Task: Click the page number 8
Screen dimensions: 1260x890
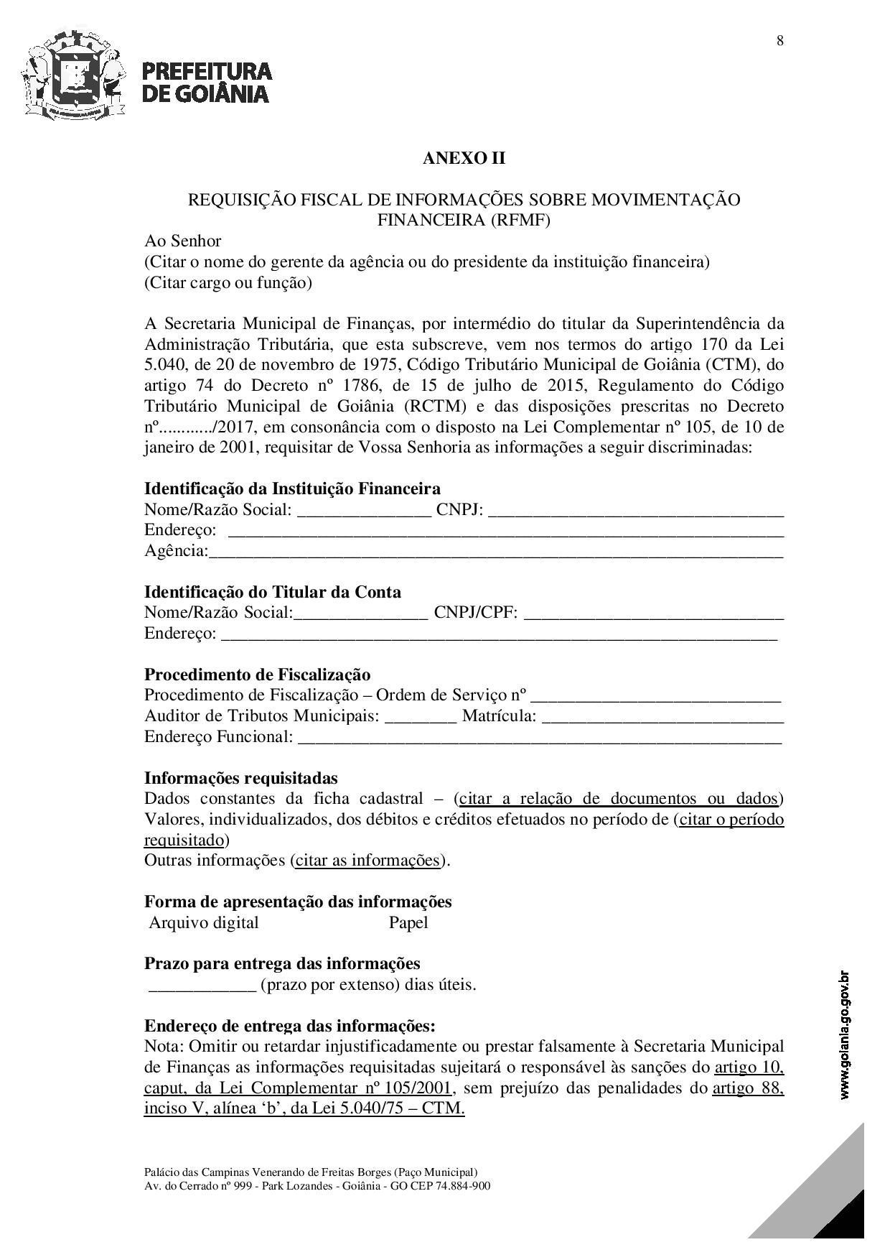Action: (x=779, y=41)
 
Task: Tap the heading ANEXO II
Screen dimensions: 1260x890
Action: (x=464, y=158)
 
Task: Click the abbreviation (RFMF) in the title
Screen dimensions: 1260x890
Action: (x=520, y=221)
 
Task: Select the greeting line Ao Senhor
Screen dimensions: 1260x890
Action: (x=183, y=241)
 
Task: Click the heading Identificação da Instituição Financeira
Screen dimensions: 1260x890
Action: (x=292, y=489)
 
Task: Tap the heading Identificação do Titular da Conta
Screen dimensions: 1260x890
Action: (x=273, y=593)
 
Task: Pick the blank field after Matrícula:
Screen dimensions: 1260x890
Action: (x=662, y=717)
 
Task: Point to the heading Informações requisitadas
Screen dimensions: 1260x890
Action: (x=240, y=779)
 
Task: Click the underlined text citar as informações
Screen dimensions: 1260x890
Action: (x=367, y=861)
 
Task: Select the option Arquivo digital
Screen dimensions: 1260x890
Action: (x=204, y=923)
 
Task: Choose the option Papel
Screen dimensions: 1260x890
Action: (x=408, y=923)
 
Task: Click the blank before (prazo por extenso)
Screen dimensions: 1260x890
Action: (x=202, y=986)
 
